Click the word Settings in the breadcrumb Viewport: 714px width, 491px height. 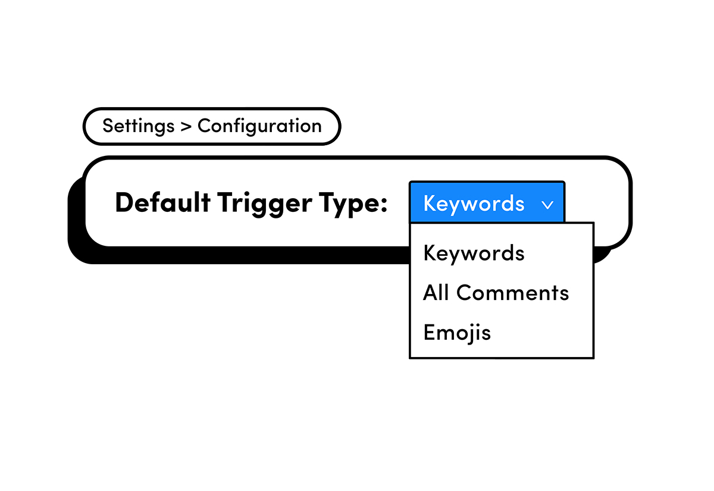[x=138, y=126]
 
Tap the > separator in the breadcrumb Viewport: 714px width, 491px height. [x=186, y=127]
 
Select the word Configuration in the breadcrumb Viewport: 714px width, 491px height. [x=259, y=126]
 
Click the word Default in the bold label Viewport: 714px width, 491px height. [x=162, y=203]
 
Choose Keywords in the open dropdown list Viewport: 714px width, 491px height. [x=474, y=253]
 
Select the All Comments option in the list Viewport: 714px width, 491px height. [x=496, y=293]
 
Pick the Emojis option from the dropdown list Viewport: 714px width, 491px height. [x=457, y=332]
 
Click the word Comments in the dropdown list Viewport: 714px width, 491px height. [x=513, y=293]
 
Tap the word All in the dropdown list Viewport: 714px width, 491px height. [x=436, y=293]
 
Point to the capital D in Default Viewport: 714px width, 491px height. [x=123, y=203]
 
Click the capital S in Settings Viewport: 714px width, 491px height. [x=108, y=126]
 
